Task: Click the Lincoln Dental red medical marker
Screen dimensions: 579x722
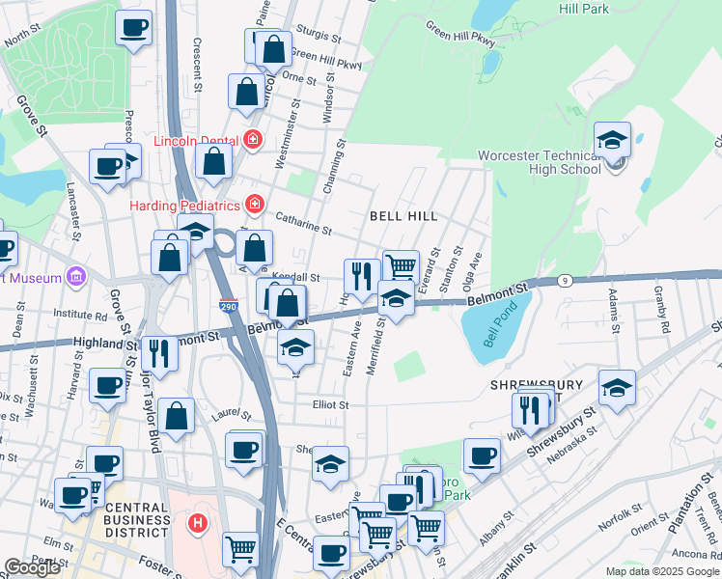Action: pos(253,139)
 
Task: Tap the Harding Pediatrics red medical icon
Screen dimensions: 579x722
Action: pos(253,205)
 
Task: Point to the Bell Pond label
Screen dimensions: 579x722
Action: pos(502,327)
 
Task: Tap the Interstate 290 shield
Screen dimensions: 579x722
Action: pos(254,305)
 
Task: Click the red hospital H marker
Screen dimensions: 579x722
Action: pos(198,524)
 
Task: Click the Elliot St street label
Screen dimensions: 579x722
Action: pos(329,405)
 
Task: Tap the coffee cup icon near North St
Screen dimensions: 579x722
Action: pos(134,28)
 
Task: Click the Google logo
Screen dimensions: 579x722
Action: pos(32,567)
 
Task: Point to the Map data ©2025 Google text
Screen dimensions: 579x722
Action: pos(662,571)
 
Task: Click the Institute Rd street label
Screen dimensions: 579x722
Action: pos(80,315)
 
